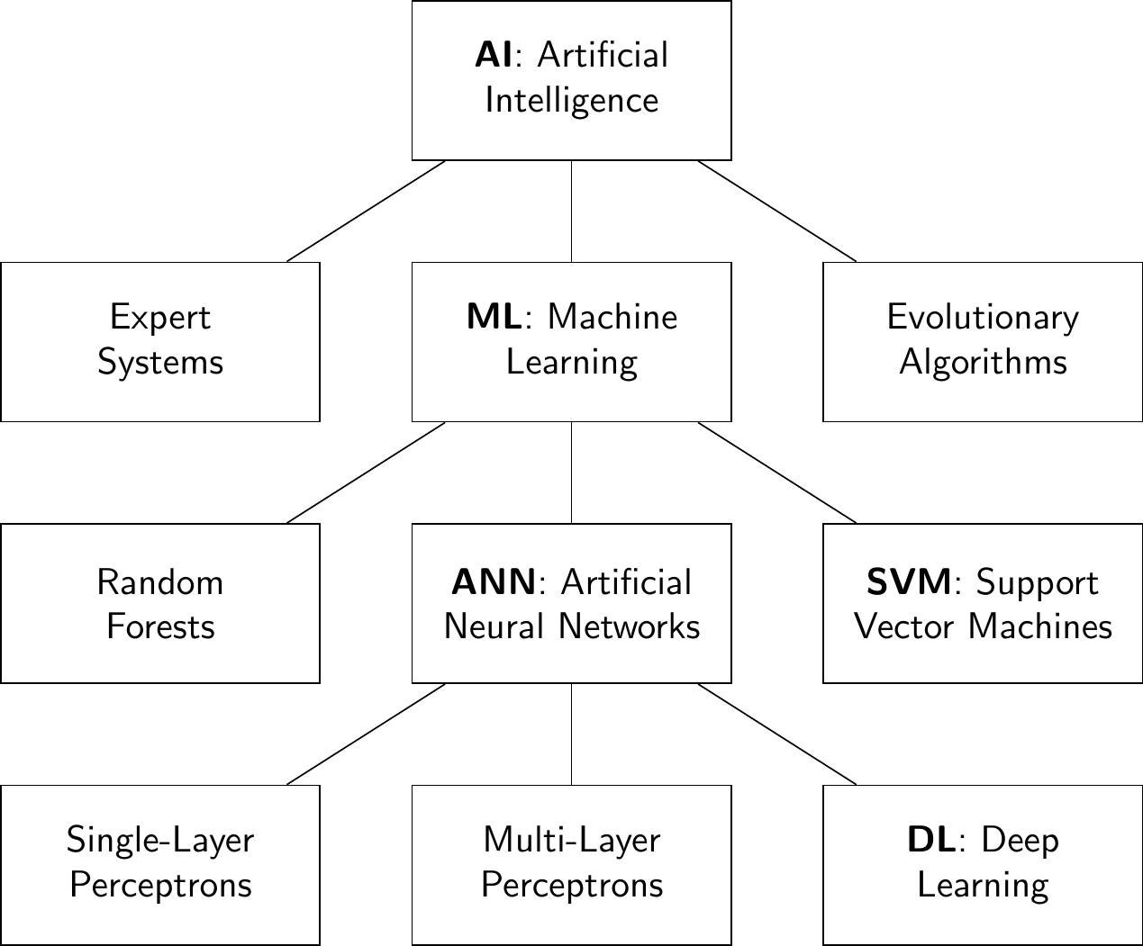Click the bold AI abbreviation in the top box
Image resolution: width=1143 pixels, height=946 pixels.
click(x=494, y=56)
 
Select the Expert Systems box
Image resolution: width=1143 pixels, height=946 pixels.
click(x=160, y=341)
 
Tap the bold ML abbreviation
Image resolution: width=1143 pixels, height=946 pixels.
click(x=494, y=317)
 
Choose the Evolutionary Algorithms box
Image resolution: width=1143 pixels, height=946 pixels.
click(x=983, y=341)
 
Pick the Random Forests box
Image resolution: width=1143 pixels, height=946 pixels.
click(x=160, y=603)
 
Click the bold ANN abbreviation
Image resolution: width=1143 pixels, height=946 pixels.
click(x=494, y=582)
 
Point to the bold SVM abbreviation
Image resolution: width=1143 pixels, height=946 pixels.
click(x=908, y=582)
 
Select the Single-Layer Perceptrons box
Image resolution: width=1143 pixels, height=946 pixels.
click(x=160, y=864)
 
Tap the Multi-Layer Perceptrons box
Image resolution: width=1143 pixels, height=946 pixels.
click(x=572, y=864)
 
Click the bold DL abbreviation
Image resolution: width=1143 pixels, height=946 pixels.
click(x=930, y=840)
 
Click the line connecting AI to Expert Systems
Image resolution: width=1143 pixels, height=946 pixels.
click(x=366, y=212)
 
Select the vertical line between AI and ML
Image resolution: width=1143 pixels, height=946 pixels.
click(x=572, y=212)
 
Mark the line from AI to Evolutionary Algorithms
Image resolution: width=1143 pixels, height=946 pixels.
click(x=777, y=212)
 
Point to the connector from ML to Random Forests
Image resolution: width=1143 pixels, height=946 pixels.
click(x=366, y=473)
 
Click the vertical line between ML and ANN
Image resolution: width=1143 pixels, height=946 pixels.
click(x=572, y=473)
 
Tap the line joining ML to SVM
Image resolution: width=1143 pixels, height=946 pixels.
click(x=777, y=473)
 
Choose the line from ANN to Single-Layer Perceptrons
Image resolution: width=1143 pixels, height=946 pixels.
click(x=366, y=734)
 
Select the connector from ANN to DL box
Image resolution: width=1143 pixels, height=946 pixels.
click(x=777, y=734)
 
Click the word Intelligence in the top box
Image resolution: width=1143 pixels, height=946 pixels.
click(x=572, y=100)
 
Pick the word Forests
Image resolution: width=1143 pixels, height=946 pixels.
click(x=160, y=626)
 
